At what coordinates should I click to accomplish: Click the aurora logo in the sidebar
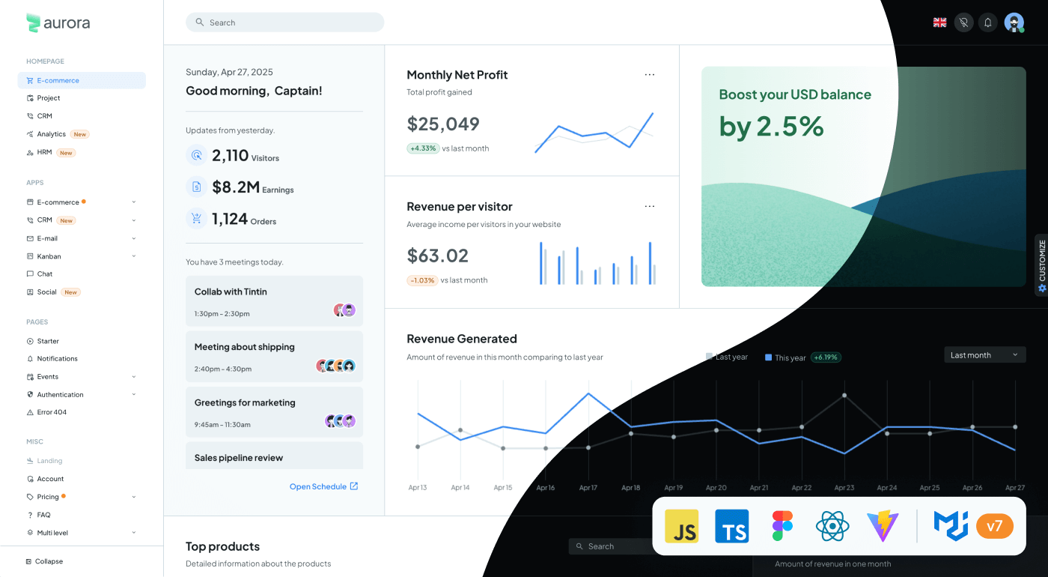pyautogui.click(x=58, y=23)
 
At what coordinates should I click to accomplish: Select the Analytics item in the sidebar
pyautogui.click(x=52, y=134)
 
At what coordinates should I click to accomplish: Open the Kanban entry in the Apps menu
pyautogui.click(x=49, y=256)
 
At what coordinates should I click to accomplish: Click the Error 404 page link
pyautogui.click(x=52, y=412)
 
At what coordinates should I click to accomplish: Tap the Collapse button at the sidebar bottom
pyautogui.click(x=49, y=561)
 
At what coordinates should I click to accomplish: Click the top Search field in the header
pyautogui.click(x=284, y=22)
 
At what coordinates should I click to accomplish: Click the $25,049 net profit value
pyautogui.click(x=443, y=124)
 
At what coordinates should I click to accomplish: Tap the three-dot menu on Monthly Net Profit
pyautogui.click(x=650, y=75)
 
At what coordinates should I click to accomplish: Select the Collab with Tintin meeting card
pyautogui.click(x=274, y=300)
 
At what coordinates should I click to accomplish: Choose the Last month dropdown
pyautogui.click(x=984, y=355)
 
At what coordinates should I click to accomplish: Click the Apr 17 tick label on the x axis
pyautogui.click(x=588, y=488)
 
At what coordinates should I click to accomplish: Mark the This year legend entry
pyautogui.click(x=785, y=357)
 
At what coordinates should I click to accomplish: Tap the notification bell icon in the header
pyautogui.click(x=988, y=22)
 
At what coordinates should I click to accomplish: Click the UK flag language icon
pyautogui.click(x=939, y=22)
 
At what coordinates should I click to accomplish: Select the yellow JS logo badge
pyautogui.click(x=682, y=526)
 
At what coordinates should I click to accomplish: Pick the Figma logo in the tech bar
pyautogui.click(x=782, y=526)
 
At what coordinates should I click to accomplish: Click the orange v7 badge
pyautogui.click(x=994, y=526)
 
